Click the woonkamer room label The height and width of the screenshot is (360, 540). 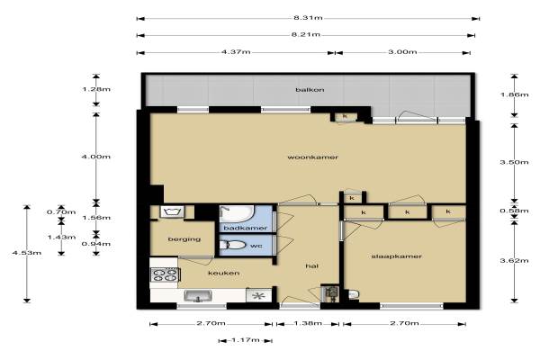pos(312,157)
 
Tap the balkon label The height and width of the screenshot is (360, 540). pos(310,90)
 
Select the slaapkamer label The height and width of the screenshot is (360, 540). pos(396,256)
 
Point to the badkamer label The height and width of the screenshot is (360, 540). pos(246,228)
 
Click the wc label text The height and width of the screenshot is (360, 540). pos(256,246)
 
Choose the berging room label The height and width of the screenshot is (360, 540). pos(184,239)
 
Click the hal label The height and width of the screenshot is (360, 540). pos(312,266)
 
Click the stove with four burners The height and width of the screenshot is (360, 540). pos(166,274)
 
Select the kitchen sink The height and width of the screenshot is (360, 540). pos(198,296)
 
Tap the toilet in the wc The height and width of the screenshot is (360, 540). pos(232,245)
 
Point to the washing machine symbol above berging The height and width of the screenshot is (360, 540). pos(172,211)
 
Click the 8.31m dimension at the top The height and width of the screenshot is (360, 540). pos(308,18)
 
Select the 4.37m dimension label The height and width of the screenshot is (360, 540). pos(236,52)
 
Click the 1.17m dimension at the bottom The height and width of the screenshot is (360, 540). pos(246,340)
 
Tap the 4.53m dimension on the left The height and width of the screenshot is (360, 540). pos(27,253)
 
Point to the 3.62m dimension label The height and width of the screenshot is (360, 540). pos(514,261)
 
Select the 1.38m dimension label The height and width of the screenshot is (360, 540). pos(308,323)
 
